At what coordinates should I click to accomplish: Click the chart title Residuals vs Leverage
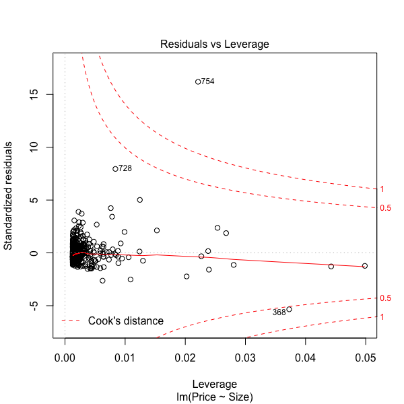tap(214, 44)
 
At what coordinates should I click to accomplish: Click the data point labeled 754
tap(198, 81)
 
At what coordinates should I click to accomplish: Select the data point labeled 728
tap(115, 168)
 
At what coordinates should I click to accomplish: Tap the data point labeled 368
tap(289, 309)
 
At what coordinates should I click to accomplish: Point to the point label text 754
tap(208, 81)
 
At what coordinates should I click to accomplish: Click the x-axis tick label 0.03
tap(246, 356)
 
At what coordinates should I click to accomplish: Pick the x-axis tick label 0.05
tap(366, 356)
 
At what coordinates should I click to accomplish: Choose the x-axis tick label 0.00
tap(65, 356)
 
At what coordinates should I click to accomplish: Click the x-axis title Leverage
tap(214, 383)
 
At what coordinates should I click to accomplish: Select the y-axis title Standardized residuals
tap(10, 196)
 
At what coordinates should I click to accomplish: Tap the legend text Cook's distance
tap(125, 321)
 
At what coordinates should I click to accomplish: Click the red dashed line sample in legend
tap(71, 321)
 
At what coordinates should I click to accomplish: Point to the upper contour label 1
tap(382, 189)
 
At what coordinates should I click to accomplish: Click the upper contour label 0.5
tap(385, 208)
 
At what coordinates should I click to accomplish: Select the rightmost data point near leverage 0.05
tap(365, 266)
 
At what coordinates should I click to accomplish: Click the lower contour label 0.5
tap(385, 298)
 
